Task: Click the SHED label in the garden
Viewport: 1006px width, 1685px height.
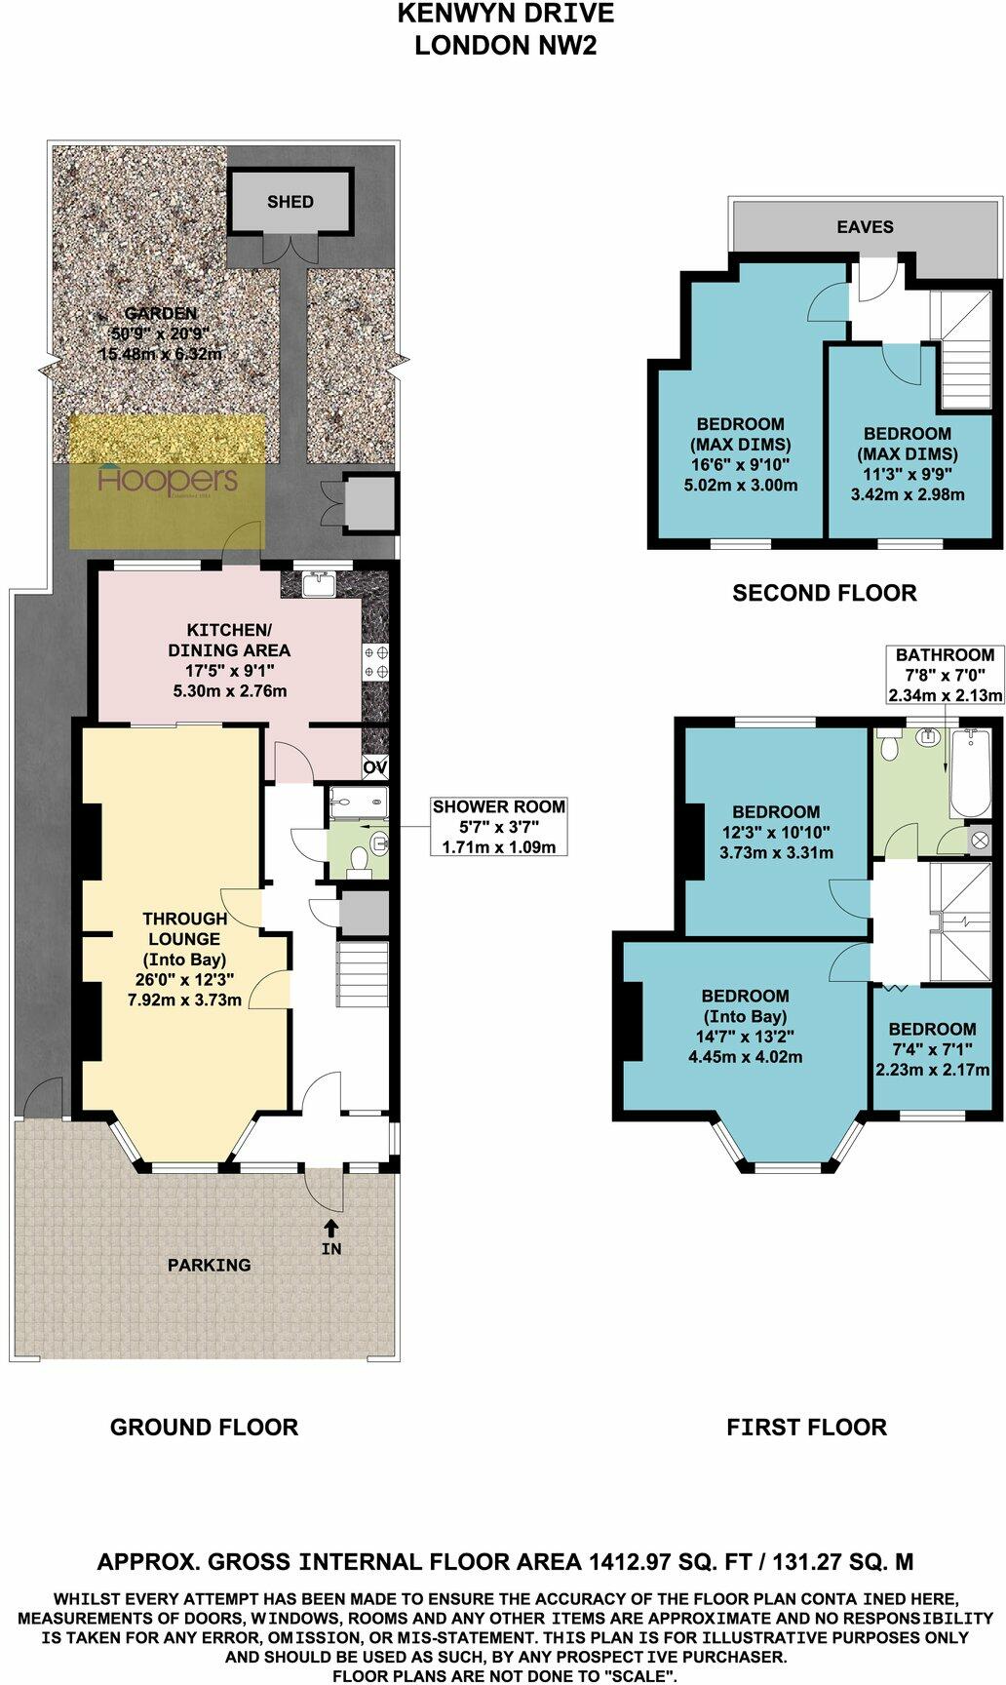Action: click(290, 202)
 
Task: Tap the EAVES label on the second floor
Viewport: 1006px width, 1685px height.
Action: click(865, 226)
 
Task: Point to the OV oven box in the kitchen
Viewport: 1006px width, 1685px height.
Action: click(375, 767)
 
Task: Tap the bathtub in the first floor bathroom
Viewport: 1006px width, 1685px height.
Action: click(971, 774)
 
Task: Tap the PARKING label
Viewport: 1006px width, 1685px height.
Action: click(209, 1265)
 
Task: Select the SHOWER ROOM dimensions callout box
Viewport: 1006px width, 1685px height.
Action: click(498, 826)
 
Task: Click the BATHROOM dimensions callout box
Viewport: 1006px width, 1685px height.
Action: click(945, 675)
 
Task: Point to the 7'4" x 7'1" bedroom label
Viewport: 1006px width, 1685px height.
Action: click(932, 1048)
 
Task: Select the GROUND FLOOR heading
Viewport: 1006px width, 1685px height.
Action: click(204, 1427)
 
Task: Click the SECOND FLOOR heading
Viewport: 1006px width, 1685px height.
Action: click(824, 592)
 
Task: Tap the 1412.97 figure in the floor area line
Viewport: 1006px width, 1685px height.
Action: click(635, 1561)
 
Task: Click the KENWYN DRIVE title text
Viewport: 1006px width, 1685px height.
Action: click(505, 14)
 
